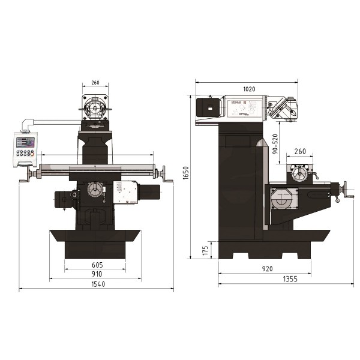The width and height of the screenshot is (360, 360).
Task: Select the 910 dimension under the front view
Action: point(97,274)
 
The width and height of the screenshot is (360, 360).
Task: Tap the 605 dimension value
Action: point(97,264)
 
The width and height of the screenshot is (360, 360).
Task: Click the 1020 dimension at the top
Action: point(249,89)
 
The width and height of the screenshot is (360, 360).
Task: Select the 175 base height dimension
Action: point(205,249)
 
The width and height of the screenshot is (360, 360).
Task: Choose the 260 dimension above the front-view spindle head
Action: point(95,83)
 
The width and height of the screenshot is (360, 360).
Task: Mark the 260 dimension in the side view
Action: point(301,151)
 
